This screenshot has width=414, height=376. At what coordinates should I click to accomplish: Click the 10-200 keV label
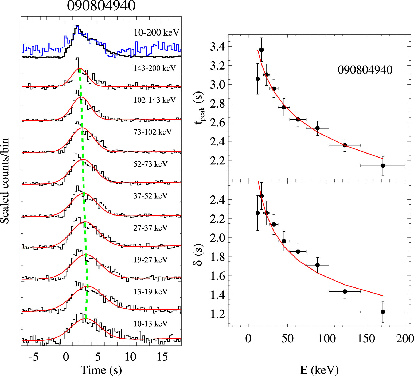pos(156,33)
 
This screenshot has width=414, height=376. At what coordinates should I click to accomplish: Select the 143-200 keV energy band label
pos(155,68)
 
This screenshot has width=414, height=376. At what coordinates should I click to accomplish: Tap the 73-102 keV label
pos(153,132)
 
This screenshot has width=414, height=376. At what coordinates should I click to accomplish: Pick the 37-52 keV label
pos(150,196)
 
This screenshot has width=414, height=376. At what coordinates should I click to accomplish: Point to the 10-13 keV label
pos(150,324)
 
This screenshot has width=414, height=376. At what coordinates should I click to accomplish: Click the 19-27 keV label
pos(150,260)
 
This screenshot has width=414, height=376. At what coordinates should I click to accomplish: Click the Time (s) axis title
pos(101,370)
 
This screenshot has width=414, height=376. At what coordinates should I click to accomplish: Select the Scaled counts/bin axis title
pos(5,181)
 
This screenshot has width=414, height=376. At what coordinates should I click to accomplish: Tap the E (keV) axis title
pos(319,370)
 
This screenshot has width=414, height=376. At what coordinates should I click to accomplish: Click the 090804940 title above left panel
pos(101,6)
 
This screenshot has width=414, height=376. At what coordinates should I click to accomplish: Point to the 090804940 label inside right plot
pos(365,70)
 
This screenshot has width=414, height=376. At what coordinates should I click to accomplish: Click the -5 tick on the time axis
pos(34,357)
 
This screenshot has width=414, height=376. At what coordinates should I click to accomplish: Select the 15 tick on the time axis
pos(162,357)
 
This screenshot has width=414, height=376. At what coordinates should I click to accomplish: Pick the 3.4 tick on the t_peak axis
pos(217,47)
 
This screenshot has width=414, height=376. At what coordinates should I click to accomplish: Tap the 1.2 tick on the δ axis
pos(217,314)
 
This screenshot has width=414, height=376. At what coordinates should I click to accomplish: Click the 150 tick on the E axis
pos(366,339)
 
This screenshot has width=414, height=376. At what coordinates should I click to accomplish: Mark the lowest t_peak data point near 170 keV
pos(383,166)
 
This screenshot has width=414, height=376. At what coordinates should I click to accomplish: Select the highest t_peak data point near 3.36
pos(261,50)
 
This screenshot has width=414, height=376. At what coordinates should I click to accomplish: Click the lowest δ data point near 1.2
pos(383,312)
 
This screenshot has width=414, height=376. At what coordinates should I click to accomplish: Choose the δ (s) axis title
pos(198,255)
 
